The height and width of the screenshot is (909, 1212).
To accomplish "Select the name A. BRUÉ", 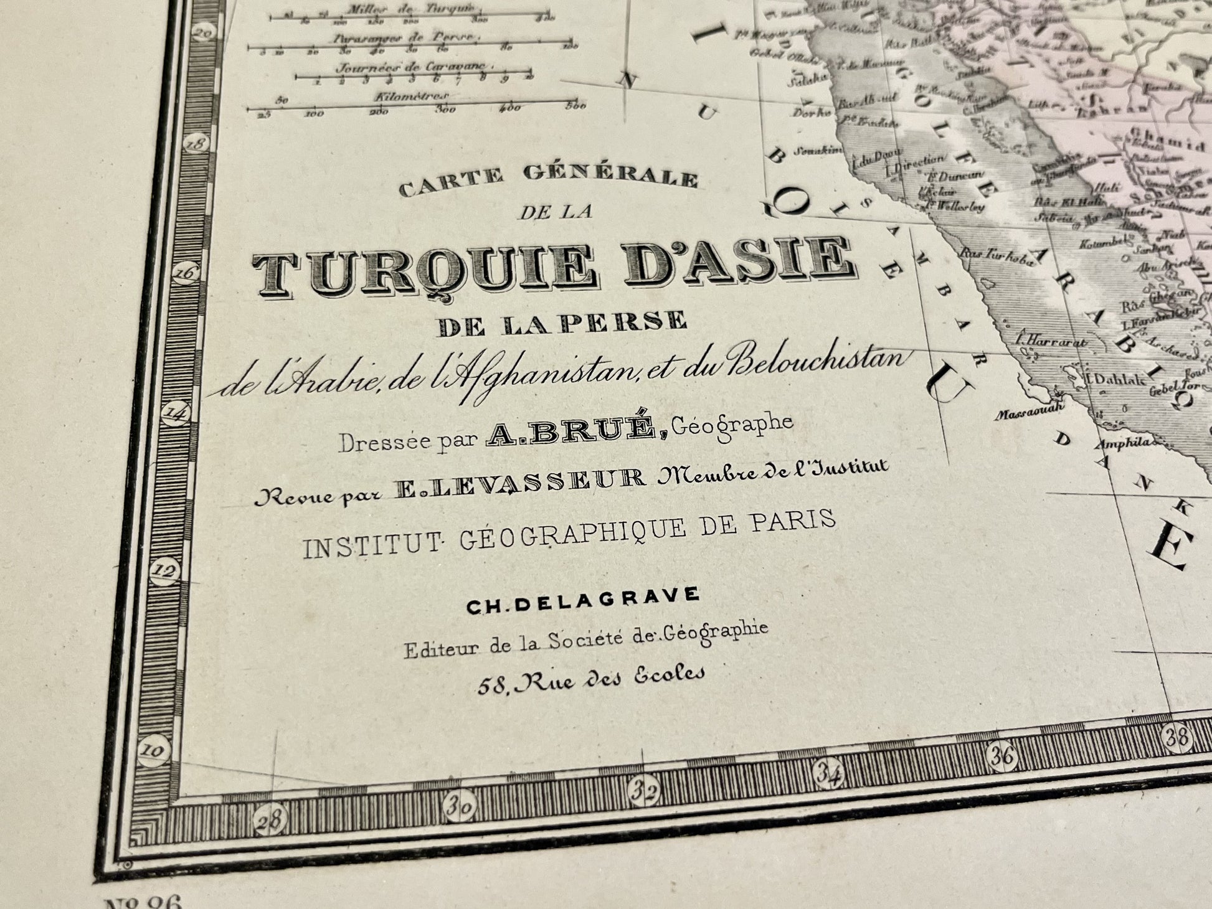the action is [575, 432].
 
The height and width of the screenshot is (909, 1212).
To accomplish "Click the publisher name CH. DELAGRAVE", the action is [583, 599].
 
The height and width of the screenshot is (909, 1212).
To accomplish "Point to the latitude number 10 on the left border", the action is [152, 750].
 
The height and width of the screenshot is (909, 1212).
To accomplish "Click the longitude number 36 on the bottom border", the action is [1002, 756].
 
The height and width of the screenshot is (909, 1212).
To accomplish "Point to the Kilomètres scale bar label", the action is [410, 97].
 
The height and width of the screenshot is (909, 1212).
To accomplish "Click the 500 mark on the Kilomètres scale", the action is [575, 106].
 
